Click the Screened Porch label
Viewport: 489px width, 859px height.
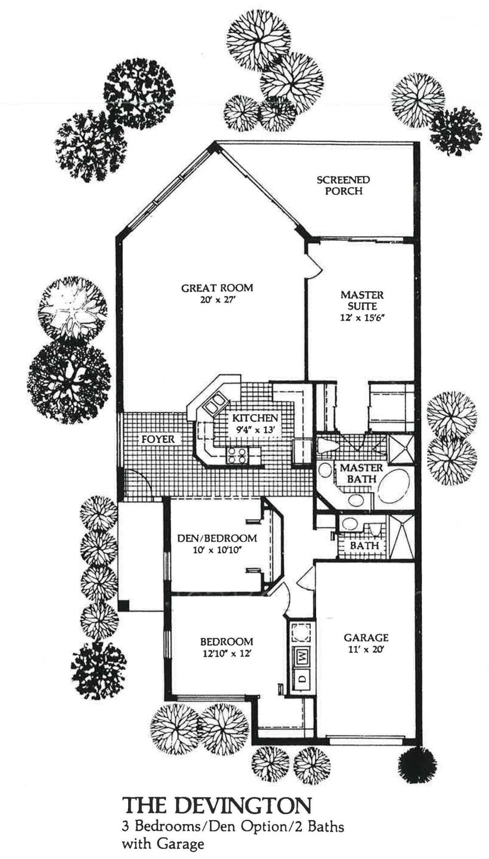pos(343,185)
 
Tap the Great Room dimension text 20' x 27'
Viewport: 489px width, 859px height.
pos(217,300)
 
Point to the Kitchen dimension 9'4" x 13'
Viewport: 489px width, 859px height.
pos(255,429)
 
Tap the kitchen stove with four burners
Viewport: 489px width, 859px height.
pos(237,455)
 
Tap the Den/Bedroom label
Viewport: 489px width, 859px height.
pos(217,538)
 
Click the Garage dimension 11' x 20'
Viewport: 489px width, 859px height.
pos(366,650)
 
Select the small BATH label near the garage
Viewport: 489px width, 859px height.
pos(364,546)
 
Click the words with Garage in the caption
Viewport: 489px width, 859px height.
pos(163,845)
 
